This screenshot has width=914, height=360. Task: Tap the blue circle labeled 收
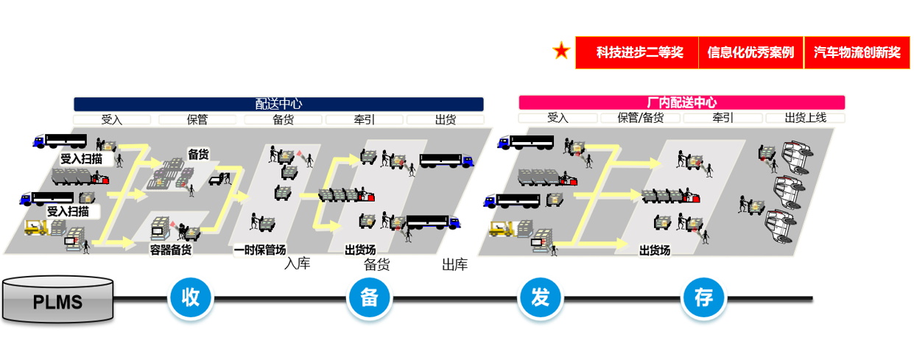(x=191, y=297)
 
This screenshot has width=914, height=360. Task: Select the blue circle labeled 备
(x=369, y=297)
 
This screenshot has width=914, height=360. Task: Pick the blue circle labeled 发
(x=541, y=297)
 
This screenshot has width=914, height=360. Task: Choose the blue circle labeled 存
(x=704, y=297)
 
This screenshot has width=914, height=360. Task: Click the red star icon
(x=561, y=51)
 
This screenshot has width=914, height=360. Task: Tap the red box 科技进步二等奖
(x=637, y=52)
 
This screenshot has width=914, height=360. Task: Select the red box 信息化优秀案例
(x=750, y=52)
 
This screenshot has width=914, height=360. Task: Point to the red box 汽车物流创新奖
(x=857, y=52)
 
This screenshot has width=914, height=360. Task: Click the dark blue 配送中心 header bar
(x=278, y=104)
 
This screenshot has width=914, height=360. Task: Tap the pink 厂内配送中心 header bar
(x=682, y=102)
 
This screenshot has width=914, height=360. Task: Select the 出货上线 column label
(x=806, y=118)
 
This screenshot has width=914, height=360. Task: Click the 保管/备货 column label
(x=640, y=118)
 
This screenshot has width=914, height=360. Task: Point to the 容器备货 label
(x=171, y=250)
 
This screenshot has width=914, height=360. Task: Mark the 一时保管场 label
(x=259, y=250)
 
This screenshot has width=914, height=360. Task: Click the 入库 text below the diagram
(x=297, y=264)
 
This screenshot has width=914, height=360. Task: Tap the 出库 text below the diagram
(x=454, y=264)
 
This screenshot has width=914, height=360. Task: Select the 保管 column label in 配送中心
(x=197, y=119)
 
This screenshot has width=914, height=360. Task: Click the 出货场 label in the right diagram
(x=655, y=250)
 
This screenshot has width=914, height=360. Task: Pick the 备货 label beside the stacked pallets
(x=198, y=154)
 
